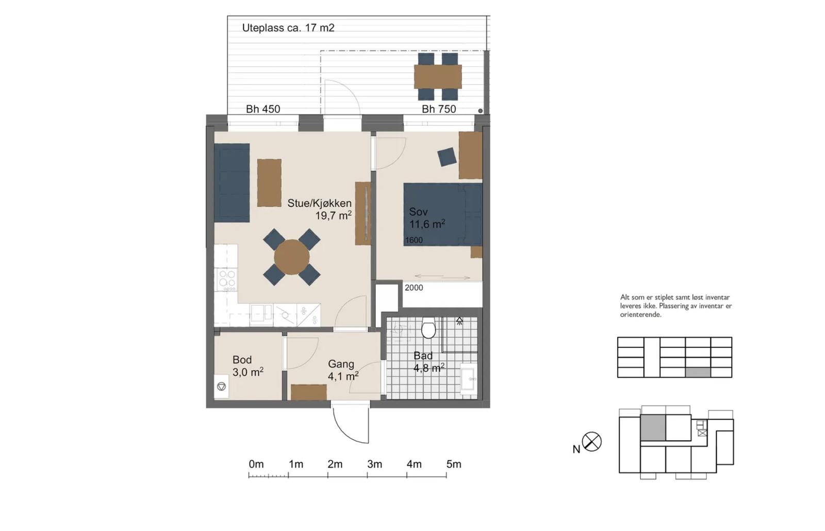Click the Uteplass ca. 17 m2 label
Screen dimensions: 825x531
288,28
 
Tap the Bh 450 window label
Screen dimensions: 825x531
263,109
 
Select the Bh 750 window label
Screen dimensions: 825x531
439,109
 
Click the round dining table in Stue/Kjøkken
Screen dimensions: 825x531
292,257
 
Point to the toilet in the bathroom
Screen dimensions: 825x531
428,328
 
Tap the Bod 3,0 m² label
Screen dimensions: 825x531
248,366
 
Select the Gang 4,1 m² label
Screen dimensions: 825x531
343,370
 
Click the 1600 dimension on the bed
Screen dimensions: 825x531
414,240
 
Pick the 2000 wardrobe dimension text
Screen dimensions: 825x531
414,288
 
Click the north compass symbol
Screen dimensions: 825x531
591,441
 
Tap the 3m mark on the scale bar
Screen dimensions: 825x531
374,464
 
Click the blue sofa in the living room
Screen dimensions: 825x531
232,182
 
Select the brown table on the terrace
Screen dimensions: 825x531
438,77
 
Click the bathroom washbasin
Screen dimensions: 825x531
469,379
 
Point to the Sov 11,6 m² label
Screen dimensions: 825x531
427,218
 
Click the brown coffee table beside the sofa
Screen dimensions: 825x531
269,182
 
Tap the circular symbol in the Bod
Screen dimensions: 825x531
221,386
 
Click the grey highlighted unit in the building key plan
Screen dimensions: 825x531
653,427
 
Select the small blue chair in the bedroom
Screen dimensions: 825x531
447,157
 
